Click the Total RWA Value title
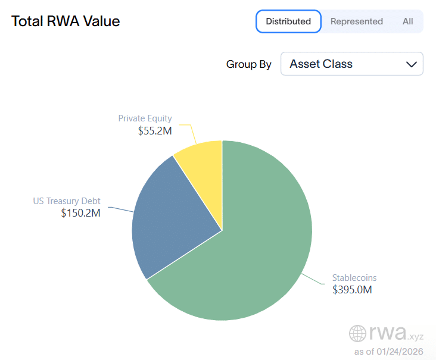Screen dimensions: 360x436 [66, 21]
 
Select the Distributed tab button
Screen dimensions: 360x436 [288, 21]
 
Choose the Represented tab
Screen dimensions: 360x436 [356, 21]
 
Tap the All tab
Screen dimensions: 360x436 [407, 21]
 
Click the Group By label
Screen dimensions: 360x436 [248, 64]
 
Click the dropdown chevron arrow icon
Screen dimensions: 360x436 [411, 64]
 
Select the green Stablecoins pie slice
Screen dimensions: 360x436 [256, 250]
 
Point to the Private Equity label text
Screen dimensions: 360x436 [145, 118]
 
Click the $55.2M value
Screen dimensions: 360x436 [154, 130]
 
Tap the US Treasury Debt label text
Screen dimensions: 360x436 [66, 201]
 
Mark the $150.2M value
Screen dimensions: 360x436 [80, 213]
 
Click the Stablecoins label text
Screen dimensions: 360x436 [354, 278]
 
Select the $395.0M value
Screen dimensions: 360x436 [352, 290]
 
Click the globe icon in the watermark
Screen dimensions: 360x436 [357, 333]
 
